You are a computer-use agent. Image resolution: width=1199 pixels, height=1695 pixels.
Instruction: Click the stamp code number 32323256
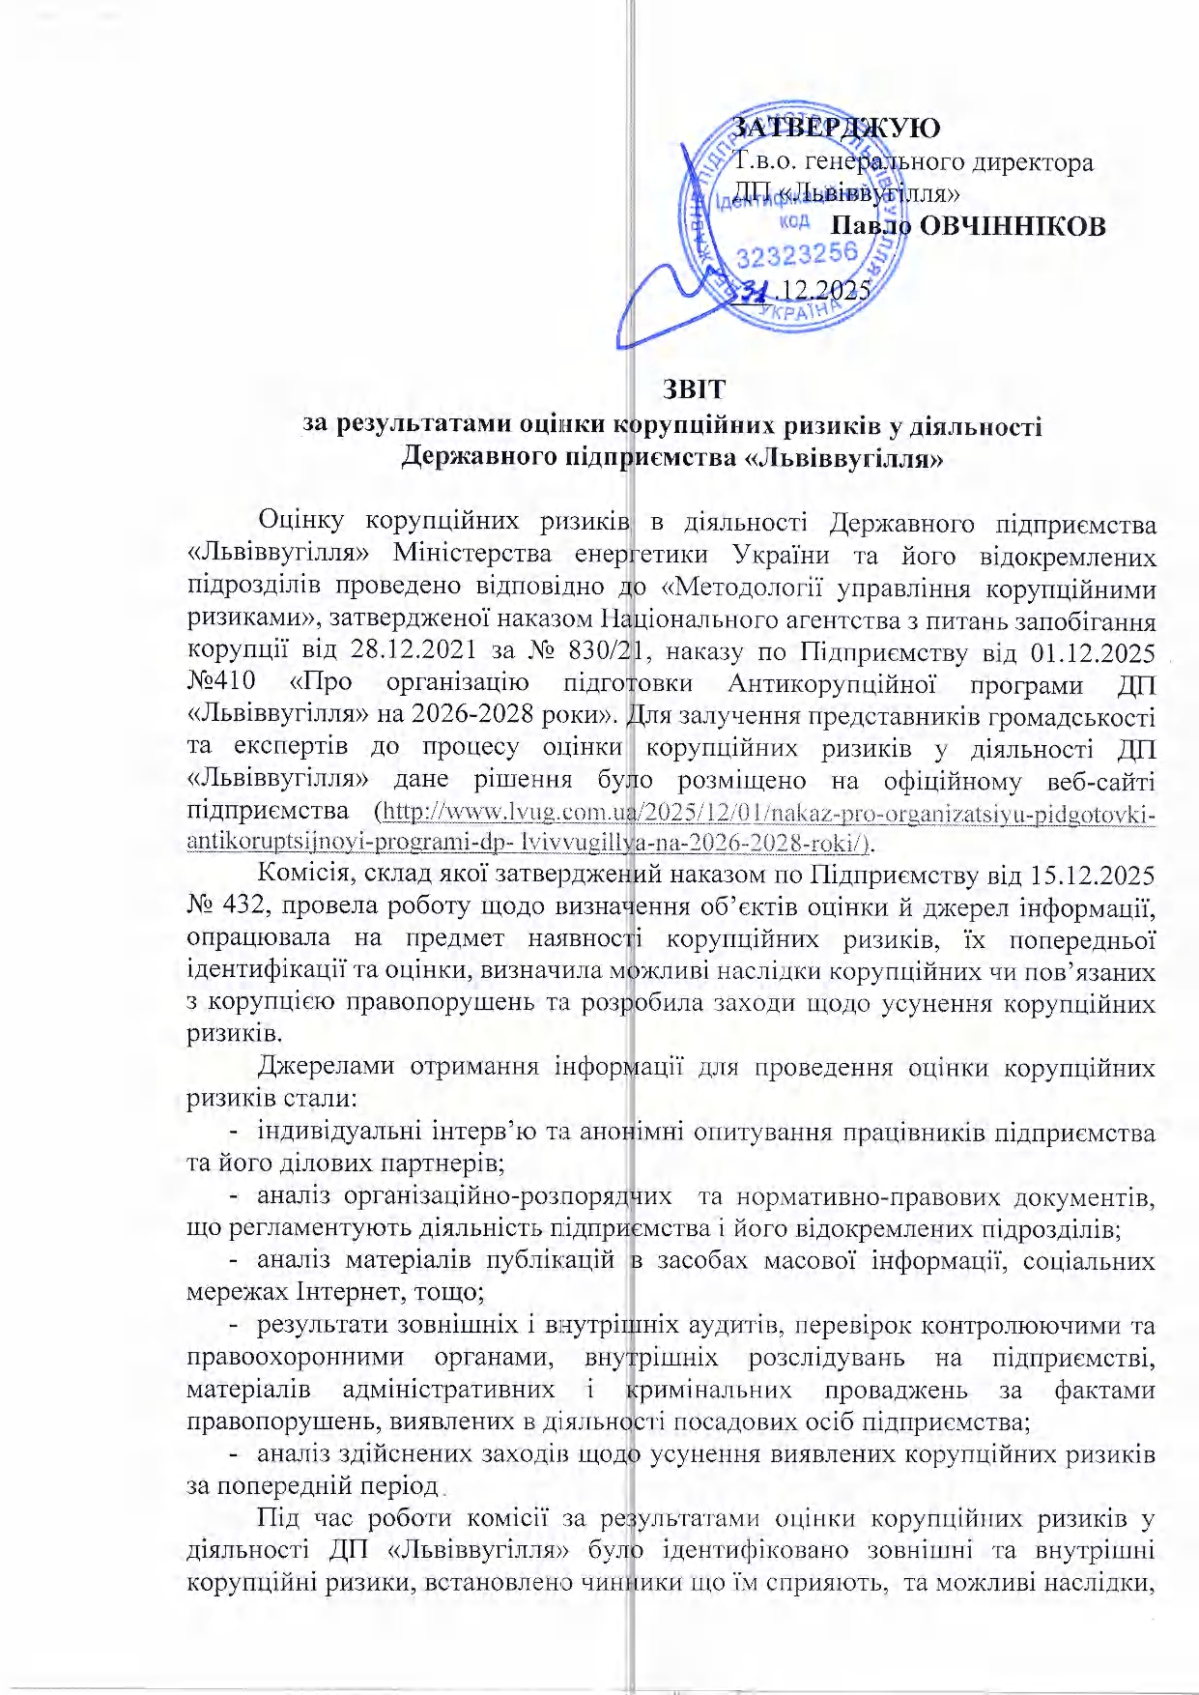797,254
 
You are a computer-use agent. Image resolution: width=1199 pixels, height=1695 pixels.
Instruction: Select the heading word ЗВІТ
694,388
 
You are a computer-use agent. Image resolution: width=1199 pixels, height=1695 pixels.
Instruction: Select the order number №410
221,683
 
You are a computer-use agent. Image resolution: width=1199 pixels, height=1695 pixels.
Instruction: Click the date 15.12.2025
1093,876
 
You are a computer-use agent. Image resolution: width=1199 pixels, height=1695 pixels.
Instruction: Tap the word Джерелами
326,1067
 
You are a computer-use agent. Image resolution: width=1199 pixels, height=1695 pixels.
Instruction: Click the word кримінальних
708,1390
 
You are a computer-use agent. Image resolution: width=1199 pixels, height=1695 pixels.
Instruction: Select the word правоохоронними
295,1357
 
